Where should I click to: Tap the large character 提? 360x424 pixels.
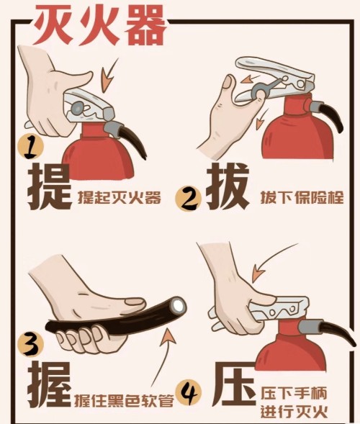coord(50,186)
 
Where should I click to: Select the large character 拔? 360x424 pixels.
coord(230,186)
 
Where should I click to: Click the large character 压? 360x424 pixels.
coord(230,387)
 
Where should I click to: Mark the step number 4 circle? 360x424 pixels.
coord(189,393)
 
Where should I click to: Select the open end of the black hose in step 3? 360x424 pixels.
coord(176,306)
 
